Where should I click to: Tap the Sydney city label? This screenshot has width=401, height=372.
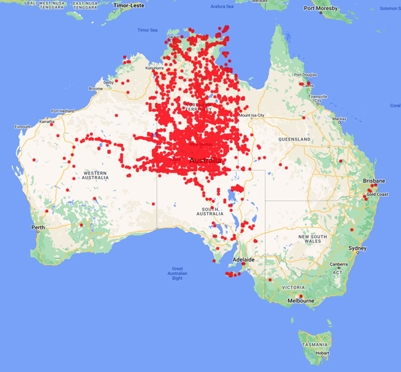coord(357,249)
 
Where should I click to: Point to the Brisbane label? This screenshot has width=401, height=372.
coord(374,181)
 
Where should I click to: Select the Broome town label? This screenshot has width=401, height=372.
coord(96,88)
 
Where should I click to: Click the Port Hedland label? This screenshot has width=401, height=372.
coord(62,111)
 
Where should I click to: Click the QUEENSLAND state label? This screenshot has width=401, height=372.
coord(295,138)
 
